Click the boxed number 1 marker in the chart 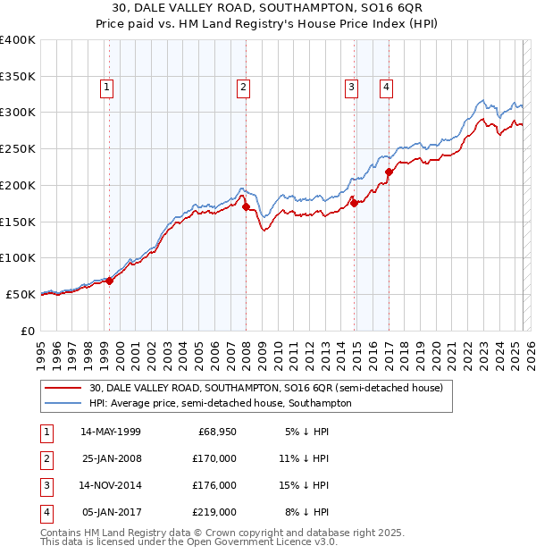pos(106,88)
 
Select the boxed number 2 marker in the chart pos(243,88)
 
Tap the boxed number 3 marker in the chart pos(351,88)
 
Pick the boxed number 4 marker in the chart pos(386,88)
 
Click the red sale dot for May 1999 pos(109,281)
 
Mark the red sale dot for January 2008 pos(246,207)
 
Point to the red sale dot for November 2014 pos(354,203)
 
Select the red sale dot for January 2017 pos(389,172)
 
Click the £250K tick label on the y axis pos(18,149)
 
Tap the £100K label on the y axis pos(18,257)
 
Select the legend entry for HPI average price pos(220,403)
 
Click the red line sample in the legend pos(63,388)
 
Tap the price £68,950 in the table pos(216,432)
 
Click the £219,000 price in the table pos(216,512)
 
